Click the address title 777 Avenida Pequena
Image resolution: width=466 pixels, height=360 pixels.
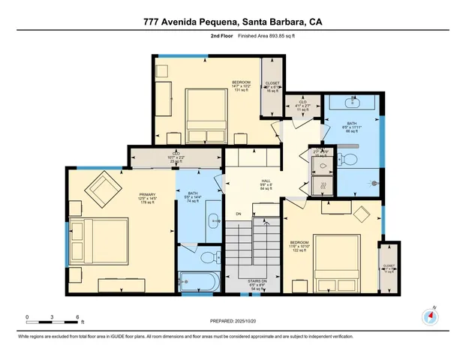click(233, 22)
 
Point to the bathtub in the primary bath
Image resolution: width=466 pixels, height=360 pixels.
click(197, 283)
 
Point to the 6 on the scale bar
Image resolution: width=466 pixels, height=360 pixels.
click(77, 317)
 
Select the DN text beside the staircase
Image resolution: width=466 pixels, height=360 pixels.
click(239, 214)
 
